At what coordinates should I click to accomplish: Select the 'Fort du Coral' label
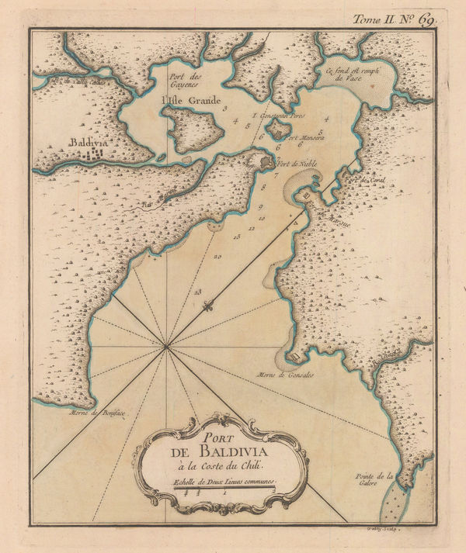(x=367, y=179)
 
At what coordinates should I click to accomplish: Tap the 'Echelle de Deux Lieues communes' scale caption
(x=224, y=484)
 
